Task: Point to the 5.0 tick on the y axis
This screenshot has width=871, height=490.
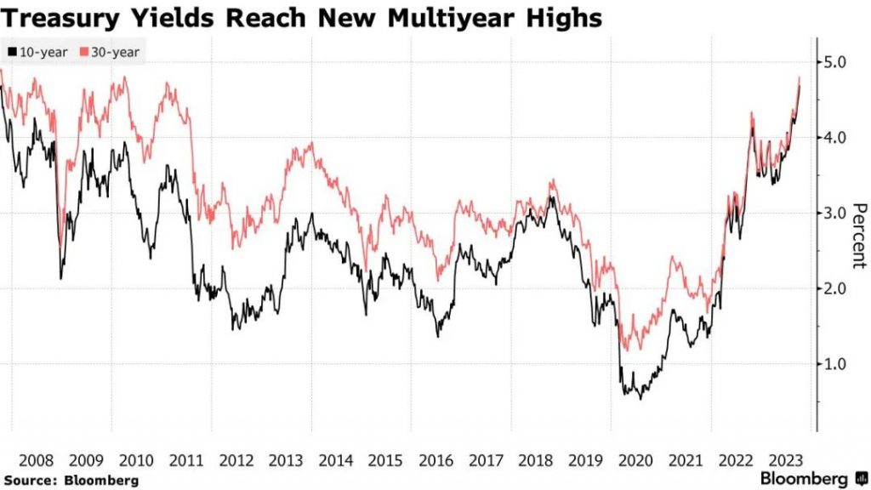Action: pyautogui.click(x=835, y=62)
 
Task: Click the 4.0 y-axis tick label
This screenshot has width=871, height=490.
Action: pyautogui.click(x=835, y=138)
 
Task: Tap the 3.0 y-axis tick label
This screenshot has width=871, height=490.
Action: pyautogui.click(x=835, y=213)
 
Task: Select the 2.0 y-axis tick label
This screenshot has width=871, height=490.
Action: pyautogui.click(x=835, y=288)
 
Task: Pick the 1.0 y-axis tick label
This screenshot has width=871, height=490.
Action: pyautogui.click(x=835, y=364)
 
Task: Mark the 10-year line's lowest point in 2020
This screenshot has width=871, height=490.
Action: pyautogui.click(x=640, y=398)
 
